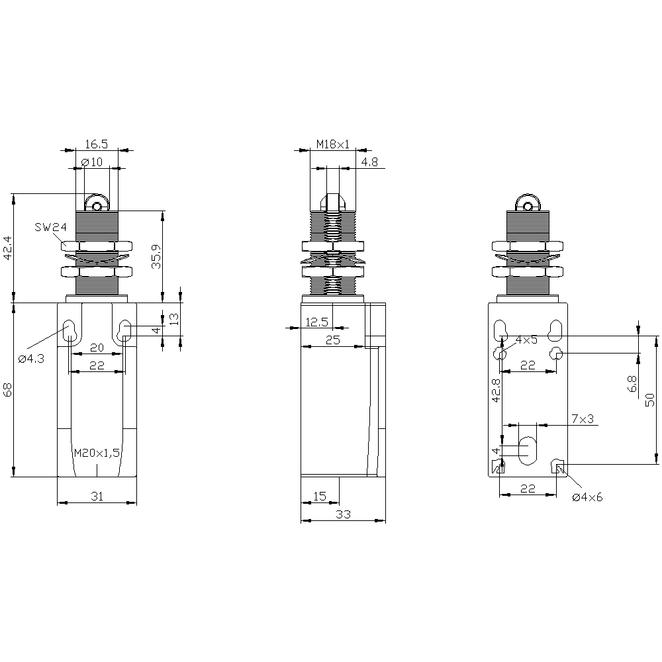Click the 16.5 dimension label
[96, 144]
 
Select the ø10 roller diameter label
[91, 162]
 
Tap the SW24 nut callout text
[51, 227]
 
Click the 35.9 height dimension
[157, 257]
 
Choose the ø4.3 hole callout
[31, 359]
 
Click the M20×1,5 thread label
[97, 453]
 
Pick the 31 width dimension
[97, 496]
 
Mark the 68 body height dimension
[8, 390]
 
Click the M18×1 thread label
[333, 144]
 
